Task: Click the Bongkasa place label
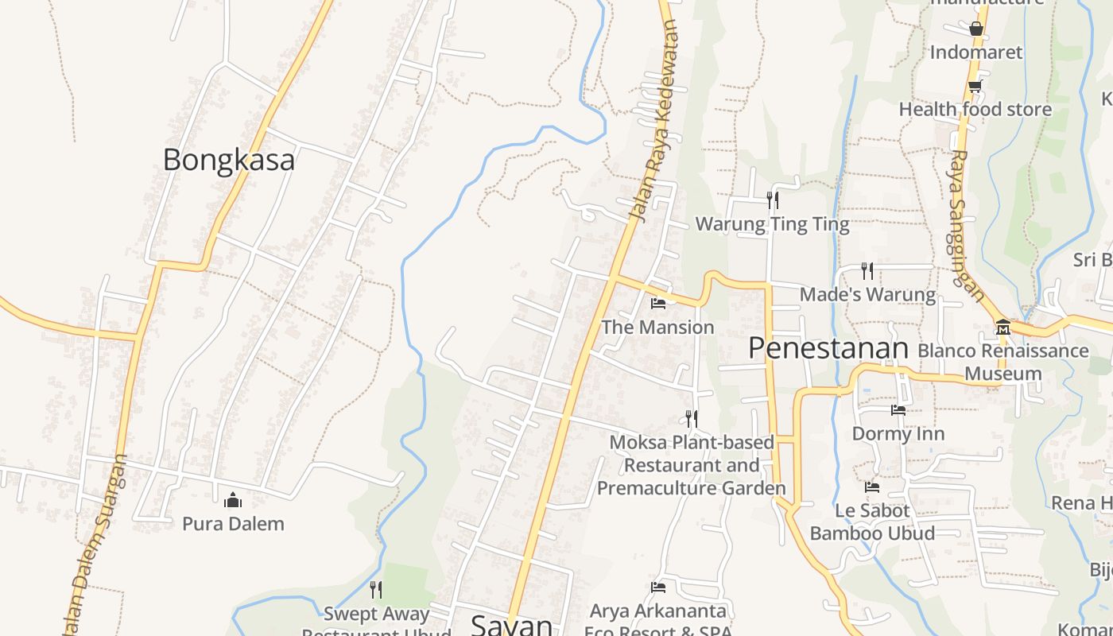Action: click(x=228, y=160)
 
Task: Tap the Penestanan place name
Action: click(x=828, y=348)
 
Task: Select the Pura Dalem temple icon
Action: click(x=233, y=500)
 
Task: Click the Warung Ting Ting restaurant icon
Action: click(x=772, y=200)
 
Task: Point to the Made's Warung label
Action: click(x=867, y=294)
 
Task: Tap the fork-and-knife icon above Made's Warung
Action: click(x=867, y=271)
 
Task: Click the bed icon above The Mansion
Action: click(x=657, y=303)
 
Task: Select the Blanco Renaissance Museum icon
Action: click(x=1002, y=327)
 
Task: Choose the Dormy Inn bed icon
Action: click(x=898, y=410)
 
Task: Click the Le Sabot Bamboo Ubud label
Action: click(x=872, y=522)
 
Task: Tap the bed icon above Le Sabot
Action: click(x=872, y=487)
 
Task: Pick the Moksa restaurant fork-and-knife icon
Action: click(x=692, y=418)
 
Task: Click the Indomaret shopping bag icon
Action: click(x=976, y=29)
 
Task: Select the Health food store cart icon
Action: click(x=975, y=86)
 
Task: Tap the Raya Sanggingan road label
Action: click(x=966, y=227)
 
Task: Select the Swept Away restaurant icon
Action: click(x=376, y=589)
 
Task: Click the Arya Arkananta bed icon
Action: click(x=657, y=588)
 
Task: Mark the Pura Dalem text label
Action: click(x=233, y=524)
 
